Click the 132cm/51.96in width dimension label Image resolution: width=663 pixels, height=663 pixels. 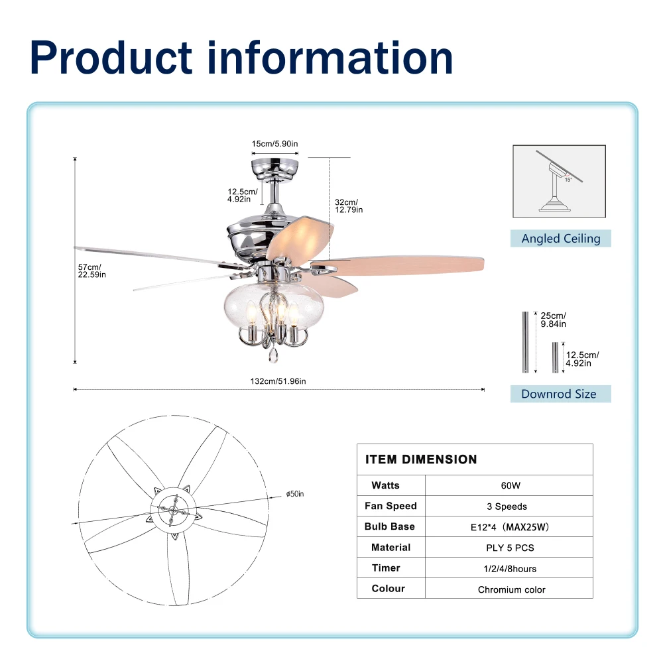pos(278,381)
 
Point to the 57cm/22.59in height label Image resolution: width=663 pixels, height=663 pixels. pos(91,271)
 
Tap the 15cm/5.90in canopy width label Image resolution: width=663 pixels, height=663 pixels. pos(275,144)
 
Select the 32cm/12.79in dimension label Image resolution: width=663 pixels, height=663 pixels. pos(349,206)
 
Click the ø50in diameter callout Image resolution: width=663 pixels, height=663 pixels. pos(295,494)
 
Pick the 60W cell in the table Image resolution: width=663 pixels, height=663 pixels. pos(511,485)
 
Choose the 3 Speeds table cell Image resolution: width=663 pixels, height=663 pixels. pos(507,507)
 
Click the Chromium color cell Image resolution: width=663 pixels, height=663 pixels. pos(512,589)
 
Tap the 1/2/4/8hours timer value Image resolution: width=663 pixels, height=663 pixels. pos(510,569)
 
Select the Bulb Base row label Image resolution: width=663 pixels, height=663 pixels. pos(389,526)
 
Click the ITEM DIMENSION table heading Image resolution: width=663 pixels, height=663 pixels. pos(421,459)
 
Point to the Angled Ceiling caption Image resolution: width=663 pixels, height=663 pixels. pos(561,239)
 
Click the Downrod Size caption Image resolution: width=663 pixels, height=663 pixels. pos(558,394)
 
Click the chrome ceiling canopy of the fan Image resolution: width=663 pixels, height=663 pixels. pos(275,168)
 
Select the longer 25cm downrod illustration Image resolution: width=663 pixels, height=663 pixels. pos(525,342)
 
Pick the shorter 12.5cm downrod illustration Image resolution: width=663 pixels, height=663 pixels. pos(555,358)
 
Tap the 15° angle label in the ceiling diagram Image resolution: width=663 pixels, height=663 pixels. pos(568,180)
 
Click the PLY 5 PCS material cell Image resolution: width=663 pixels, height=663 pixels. pos(510,548)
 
